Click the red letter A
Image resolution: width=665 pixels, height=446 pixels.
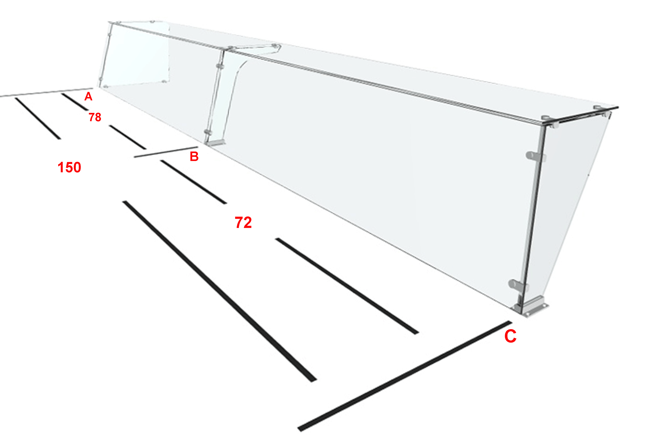(88, 97)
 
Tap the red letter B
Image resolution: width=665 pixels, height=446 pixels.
(194, 156)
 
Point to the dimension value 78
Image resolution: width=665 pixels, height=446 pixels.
(95, 117)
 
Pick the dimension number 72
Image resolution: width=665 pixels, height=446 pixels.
(243, 222)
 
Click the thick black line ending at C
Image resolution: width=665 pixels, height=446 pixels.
(405, 376)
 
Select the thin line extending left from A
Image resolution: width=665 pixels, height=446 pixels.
(46, 92)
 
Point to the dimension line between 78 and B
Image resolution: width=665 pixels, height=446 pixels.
(128, 137)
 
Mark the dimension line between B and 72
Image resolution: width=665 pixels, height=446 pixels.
(194, 182)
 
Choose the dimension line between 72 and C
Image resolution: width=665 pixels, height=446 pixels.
(347, 286)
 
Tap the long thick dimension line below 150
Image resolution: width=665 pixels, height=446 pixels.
(220, 291)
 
